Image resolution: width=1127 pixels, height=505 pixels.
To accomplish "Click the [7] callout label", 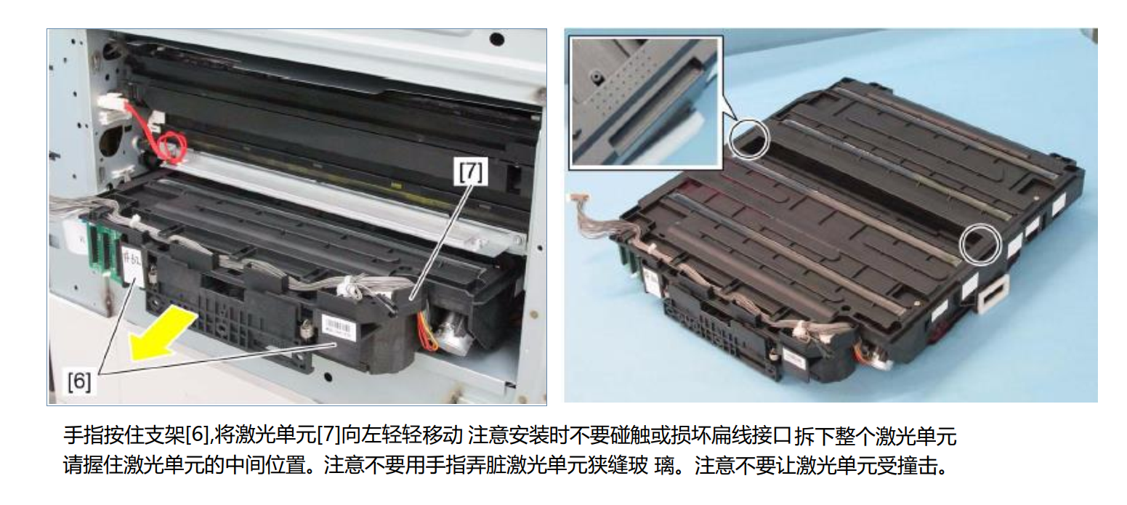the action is tap(470, 171).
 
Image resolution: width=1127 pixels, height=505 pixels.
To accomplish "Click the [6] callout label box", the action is tap(79, 381).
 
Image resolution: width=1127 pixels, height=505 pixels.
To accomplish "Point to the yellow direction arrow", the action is tap(162, 334).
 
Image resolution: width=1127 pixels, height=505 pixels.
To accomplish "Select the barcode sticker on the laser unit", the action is tap(338, 325).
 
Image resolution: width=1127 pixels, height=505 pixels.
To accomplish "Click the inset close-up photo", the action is tap(645, 102).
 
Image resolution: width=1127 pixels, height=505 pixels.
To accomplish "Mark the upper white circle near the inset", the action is tap(748, 140).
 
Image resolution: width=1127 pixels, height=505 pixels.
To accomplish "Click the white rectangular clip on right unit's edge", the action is tap(993, 294).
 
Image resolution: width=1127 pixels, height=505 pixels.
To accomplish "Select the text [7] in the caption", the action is tap(329, 435).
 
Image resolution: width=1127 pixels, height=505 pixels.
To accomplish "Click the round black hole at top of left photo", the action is tap(497, 39).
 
